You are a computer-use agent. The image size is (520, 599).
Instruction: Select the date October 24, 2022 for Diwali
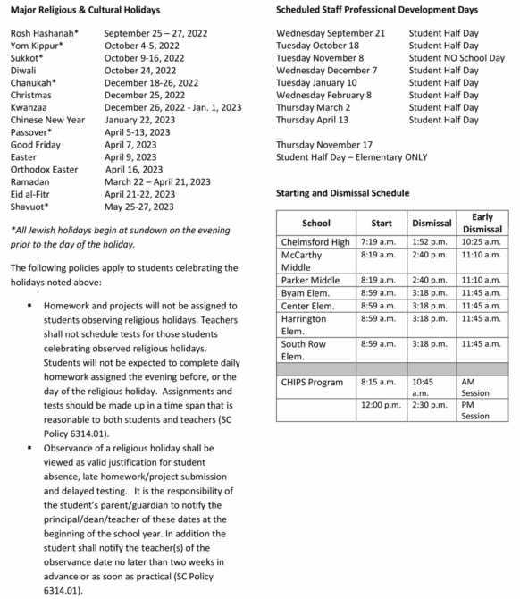pyautogui.click(x=143, y=71)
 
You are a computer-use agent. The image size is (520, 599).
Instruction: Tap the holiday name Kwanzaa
pyautogui.click(x=30, y=107)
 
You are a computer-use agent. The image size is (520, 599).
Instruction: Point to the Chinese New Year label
pyautogui.click(x=47, y=120)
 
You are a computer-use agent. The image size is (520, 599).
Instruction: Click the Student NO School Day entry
pyautogui.click(x=457, y=58)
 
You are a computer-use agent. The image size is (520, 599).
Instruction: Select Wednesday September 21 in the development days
pyautogui.click(x=330, y=33)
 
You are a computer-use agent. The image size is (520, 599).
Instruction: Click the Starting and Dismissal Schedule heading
pyautogui.click(x=343, y=192)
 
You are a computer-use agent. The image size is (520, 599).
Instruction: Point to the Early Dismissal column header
pyautogui.click(x=482, y=223)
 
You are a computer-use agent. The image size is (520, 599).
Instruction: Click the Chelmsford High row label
pyautogui.click(x=315, y=242)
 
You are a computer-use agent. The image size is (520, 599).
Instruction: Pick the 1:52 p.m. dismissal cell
pyautogui.click(x=430, y=242)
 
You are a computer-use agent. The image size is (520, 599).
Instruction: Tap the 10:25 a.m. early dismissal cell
pyautogui.click(x=481, y=242)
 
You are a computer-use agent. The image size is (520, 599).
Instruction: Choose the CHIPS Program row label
pyautogui.click(x=312, y=382)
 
